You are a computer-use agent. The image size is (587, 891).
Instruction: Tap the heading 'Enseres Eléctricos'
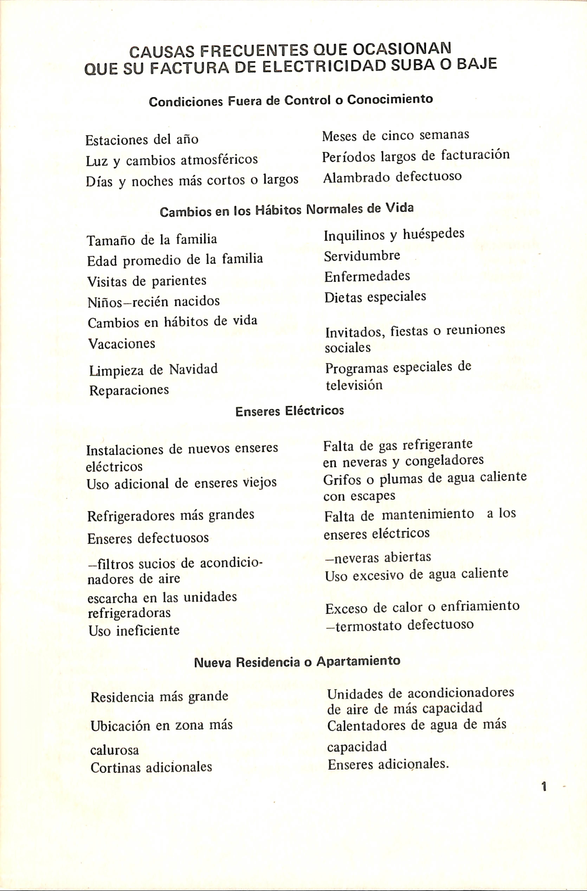[289, 411]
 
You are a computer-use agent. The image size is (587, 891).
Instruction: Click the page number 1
[544, 786]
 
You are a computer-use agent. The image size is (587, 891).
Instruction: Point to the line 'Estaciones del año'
[142, 140]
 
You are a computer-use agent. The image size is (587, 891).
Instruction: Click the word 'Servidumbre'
[362, 256]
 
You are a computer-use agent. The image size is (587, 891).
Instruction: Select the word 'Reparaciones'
[129, 390]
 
